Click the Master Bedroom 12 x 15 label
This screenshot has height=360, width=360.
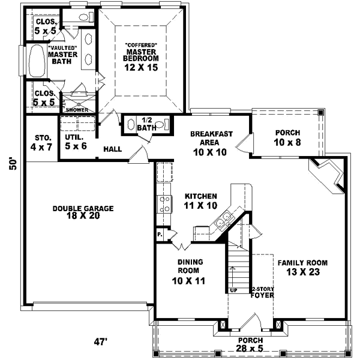(142, 58)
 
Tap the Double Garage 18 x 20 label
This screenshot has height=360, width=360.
(83, 212)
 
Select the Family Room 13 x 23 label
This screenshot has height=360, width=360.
(302, 267)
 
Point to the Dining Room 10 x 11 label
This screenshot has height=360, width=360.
(189, 271)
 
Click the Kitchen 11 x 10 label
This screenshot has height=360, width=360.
(200, 201)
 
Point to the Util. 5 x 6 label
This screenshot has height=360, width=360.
(76, 142)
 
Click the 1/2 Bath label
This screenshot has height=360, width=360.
(147, 124)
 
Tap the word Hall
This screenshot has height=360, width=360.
(113, 149)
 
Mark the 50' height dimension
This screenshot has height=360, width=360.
(12, 164)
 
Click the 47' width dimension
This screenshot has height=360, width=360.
(99, 342)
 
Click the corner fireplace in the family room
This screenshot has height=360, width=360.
(329, 176)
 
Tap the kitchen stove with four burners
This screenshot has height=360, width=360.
(164, 206)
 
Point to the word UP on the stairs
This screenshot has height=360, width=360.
(234, 290)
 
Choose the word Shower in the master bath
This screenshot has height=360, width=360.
(77, 110)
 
